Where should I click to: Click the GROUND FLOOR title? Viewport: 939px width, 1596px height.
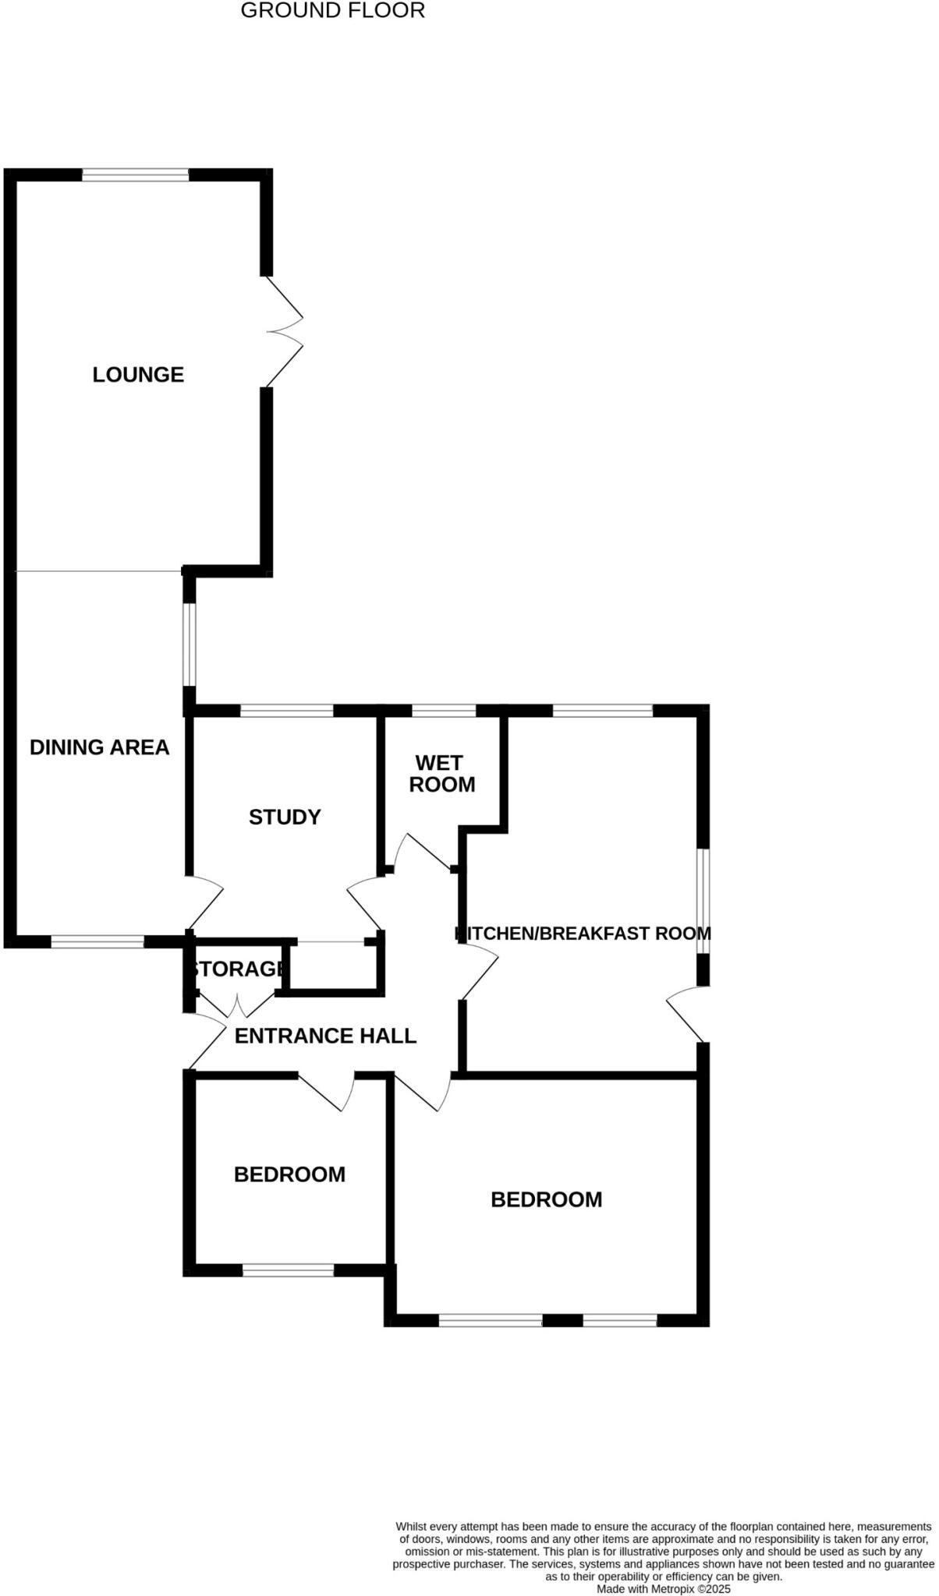(332, 11)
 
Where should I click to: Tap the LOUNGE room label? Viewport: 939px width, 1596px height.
(138, 375)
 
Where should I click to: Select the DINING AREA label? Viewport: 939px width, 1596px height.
(99, 747)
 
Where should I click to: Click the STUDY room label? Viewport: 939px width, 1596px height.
(285, 817)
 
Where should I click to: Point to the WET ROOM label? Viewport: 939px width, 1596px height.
(441, 774)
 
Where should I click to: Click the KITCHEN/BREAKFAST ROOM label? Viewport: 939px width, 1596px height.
(583, 933)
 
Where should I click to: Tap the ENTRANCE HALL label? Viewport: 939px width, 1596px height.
(325, 1036)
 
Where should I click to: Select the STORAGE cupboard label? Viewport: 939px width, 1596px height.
(236, 969)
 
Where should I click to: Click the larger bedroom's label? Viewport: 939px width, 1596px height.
(546, 1199)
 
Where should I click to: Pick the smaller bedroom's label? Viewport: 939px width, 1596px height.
(289, 1174)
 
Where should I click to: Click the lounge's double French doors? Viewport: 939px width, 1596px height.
(282, 331)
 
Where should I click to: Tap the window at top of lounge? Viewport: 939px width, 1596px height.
(136, 175)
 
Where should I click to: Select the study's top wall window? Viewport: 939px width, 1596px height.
(287, 711)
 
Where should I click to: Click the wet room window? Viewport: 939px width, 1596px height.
(443, 711)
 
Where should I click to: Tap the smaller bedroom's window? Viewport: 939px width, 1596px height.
(288, 1270)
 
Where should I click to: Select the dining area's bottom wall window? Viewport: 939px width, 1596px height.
(97, 942)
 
